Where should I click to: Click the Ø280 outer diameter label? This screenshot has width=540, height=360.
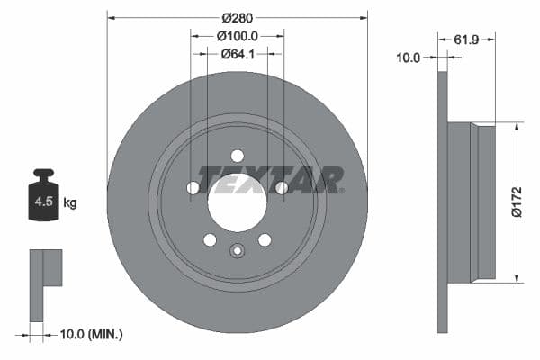(238, 18)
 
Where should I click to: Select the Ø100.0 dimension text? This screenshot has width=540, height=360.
(238, 36)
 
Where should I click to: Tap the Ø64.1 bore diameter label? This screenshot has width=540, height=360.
(238, 54)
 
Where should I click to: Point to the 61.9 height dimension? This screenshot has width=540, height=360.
(465, 40)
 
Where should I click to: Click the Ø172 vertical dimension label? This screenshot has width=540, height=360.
(517, 202)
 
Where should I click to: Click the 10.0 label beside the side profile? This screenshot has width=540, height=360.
(409, 58)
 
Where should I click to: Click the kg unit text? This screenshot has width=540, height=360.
(70, 203)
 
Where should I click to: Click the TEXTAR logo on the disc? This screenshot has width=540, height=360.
(271, 180)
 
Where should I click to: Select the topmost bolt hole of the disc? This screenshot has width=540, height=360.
(238, 155)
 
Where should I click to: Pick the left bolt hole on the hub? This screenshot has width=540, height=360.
(193, 188)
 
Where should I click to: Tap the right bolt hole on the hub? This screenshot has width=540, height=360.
(282, 188)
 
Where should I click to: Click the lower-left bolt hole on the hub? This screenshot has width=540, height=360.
(210, 239)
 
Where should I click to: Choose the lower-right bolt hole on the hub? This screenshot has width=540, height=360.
(265, 239)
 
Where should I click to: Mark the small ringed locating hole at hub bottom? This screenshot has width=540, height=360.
(238, 251)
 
